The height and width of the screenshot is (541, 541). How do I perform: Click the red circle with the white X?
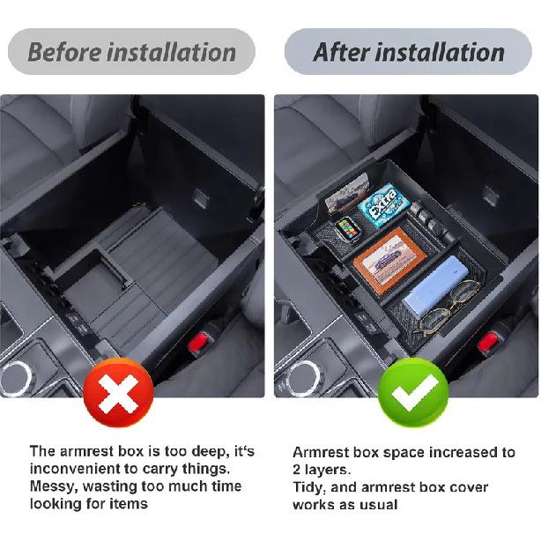pyautogui.click(x=117, y=392)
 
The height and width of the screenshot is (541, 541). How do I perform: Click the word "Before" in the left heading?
pyautogui.click(x=64, y=51)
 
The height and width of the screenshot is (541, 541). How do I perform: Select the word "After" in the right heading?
pyautogui.click(x=342, y=51)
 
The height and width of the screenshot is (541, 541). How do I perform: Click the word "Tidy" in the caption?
pyautogui.click(x=309, y=487)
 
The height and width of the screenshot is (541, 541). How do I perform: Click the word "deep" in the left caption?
pyautogui.click(x=197, y=452)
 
